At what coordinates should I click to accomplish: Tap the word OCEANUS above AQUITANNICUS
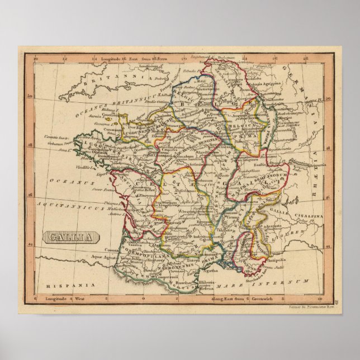(x=63, y=181)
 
